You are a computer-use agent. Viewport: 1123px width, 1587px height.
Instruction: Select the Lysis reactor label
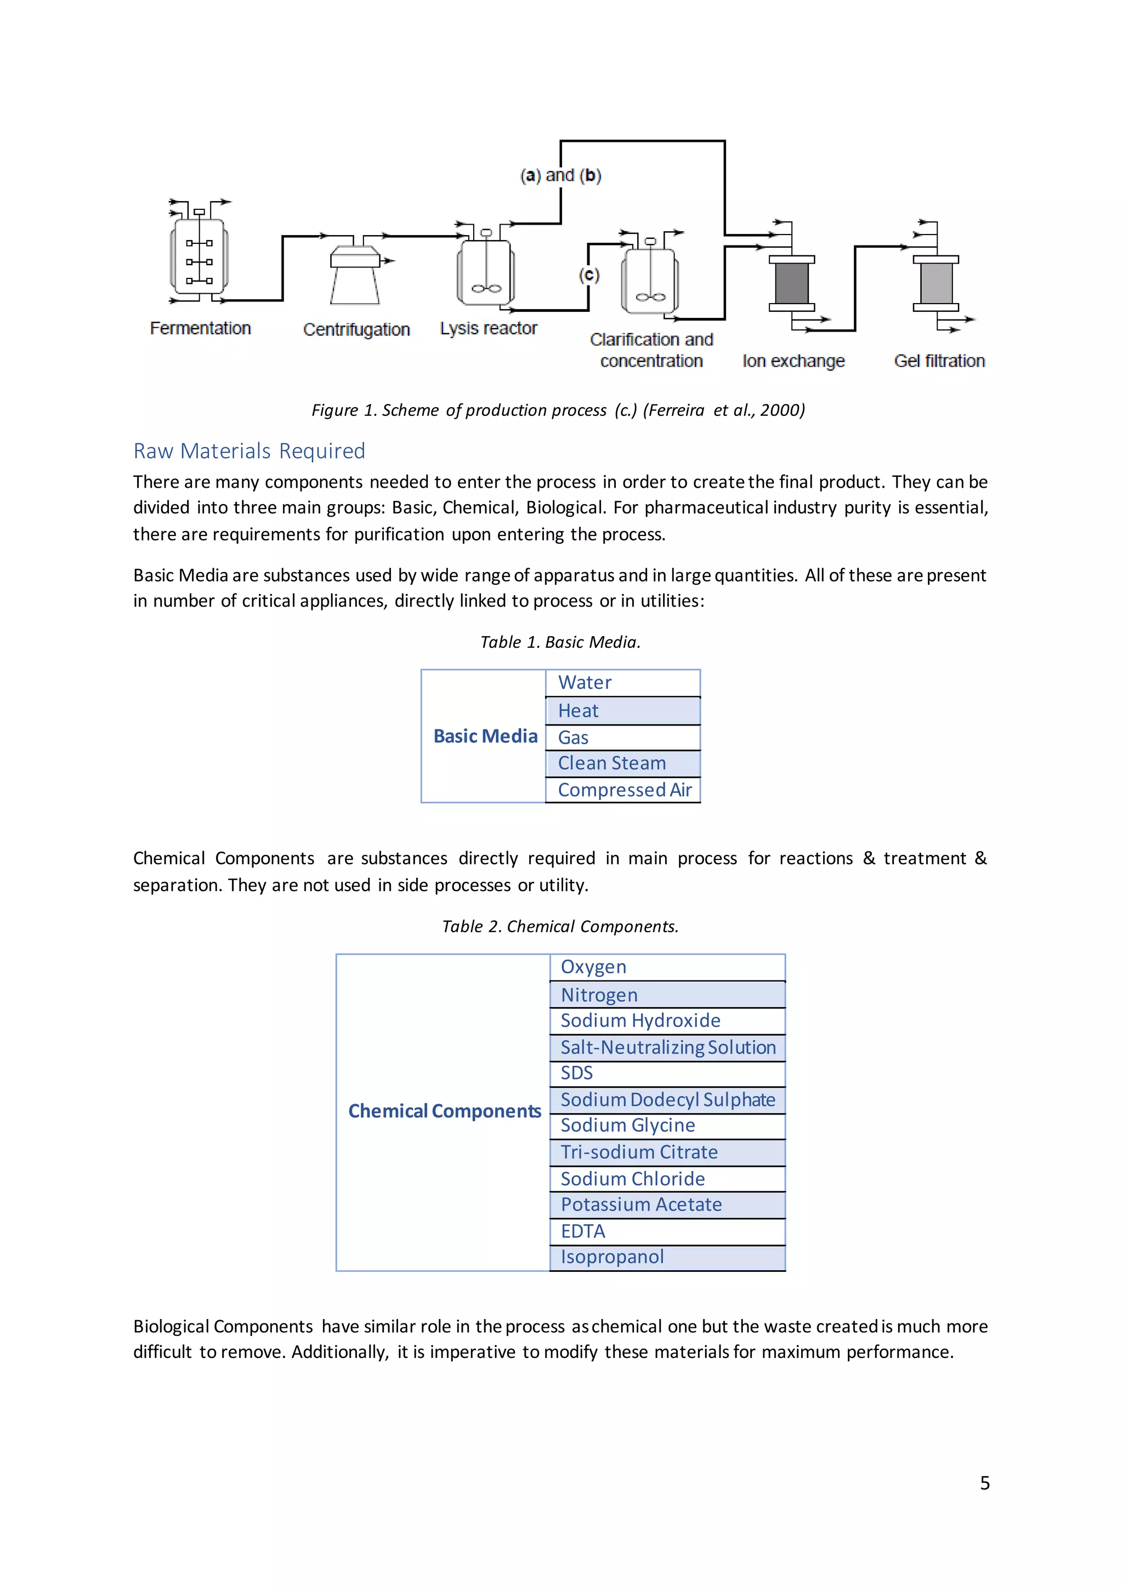(x=488, y=328)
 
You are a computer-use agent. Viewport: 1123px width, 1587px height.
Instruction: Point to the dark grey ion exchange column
(x=792, y=283)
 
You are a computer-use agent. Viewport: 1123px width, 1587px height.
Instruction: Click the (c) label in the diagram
(x=589, y=275)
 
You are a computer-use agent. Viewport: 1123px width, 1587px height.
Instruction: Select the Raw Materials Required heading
(x=249, y=450)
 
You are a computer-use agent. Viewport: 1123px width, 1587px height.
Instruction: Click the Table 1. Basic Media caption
(x=560, y=642)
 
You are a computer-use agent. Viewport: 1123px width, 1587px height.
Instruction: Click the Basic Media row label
(x=485, y=736)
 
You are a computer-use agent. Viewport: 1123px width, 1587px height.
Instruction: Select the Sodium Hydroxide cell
(x=640, y=1021)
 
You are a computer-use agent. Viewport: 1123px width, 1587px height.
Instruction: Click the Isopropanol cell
(x=612, y=1257)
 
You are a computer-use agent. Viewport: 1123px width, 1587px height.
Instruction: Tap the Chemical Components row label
(x=444, y=1111)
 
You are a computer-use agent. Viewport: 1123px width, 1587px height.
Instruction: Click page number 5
(x=984, y=1483)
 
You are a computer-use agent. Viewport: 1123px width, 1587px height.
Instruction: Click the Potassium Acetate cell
(x=641, y=1204)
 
